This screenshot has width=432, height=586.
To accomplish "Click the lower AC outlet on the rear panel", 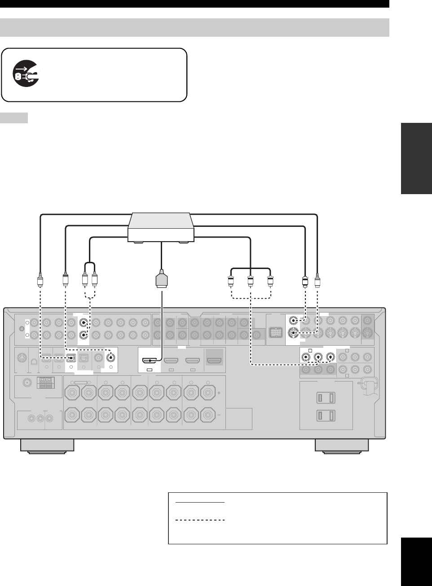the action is (326, 416).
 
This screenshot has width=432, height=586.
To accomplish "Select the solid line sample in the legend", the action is (200, 503).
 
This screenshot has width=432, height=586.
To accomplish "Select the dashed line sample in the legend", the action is (200, 520).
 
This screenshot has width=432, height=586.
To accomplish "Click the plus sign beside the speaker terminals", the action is (219, 393).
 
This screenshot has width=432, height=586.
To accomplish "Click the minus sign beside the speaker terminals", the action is (219, 415).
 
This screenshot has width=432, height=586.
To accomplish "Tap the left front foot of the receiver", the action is (47, 445).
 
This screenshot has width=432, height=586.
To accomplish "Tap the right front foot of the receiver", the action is (342, 445).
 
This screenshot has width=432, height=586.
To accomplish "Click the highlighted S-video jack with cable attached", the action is (293, 333).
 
